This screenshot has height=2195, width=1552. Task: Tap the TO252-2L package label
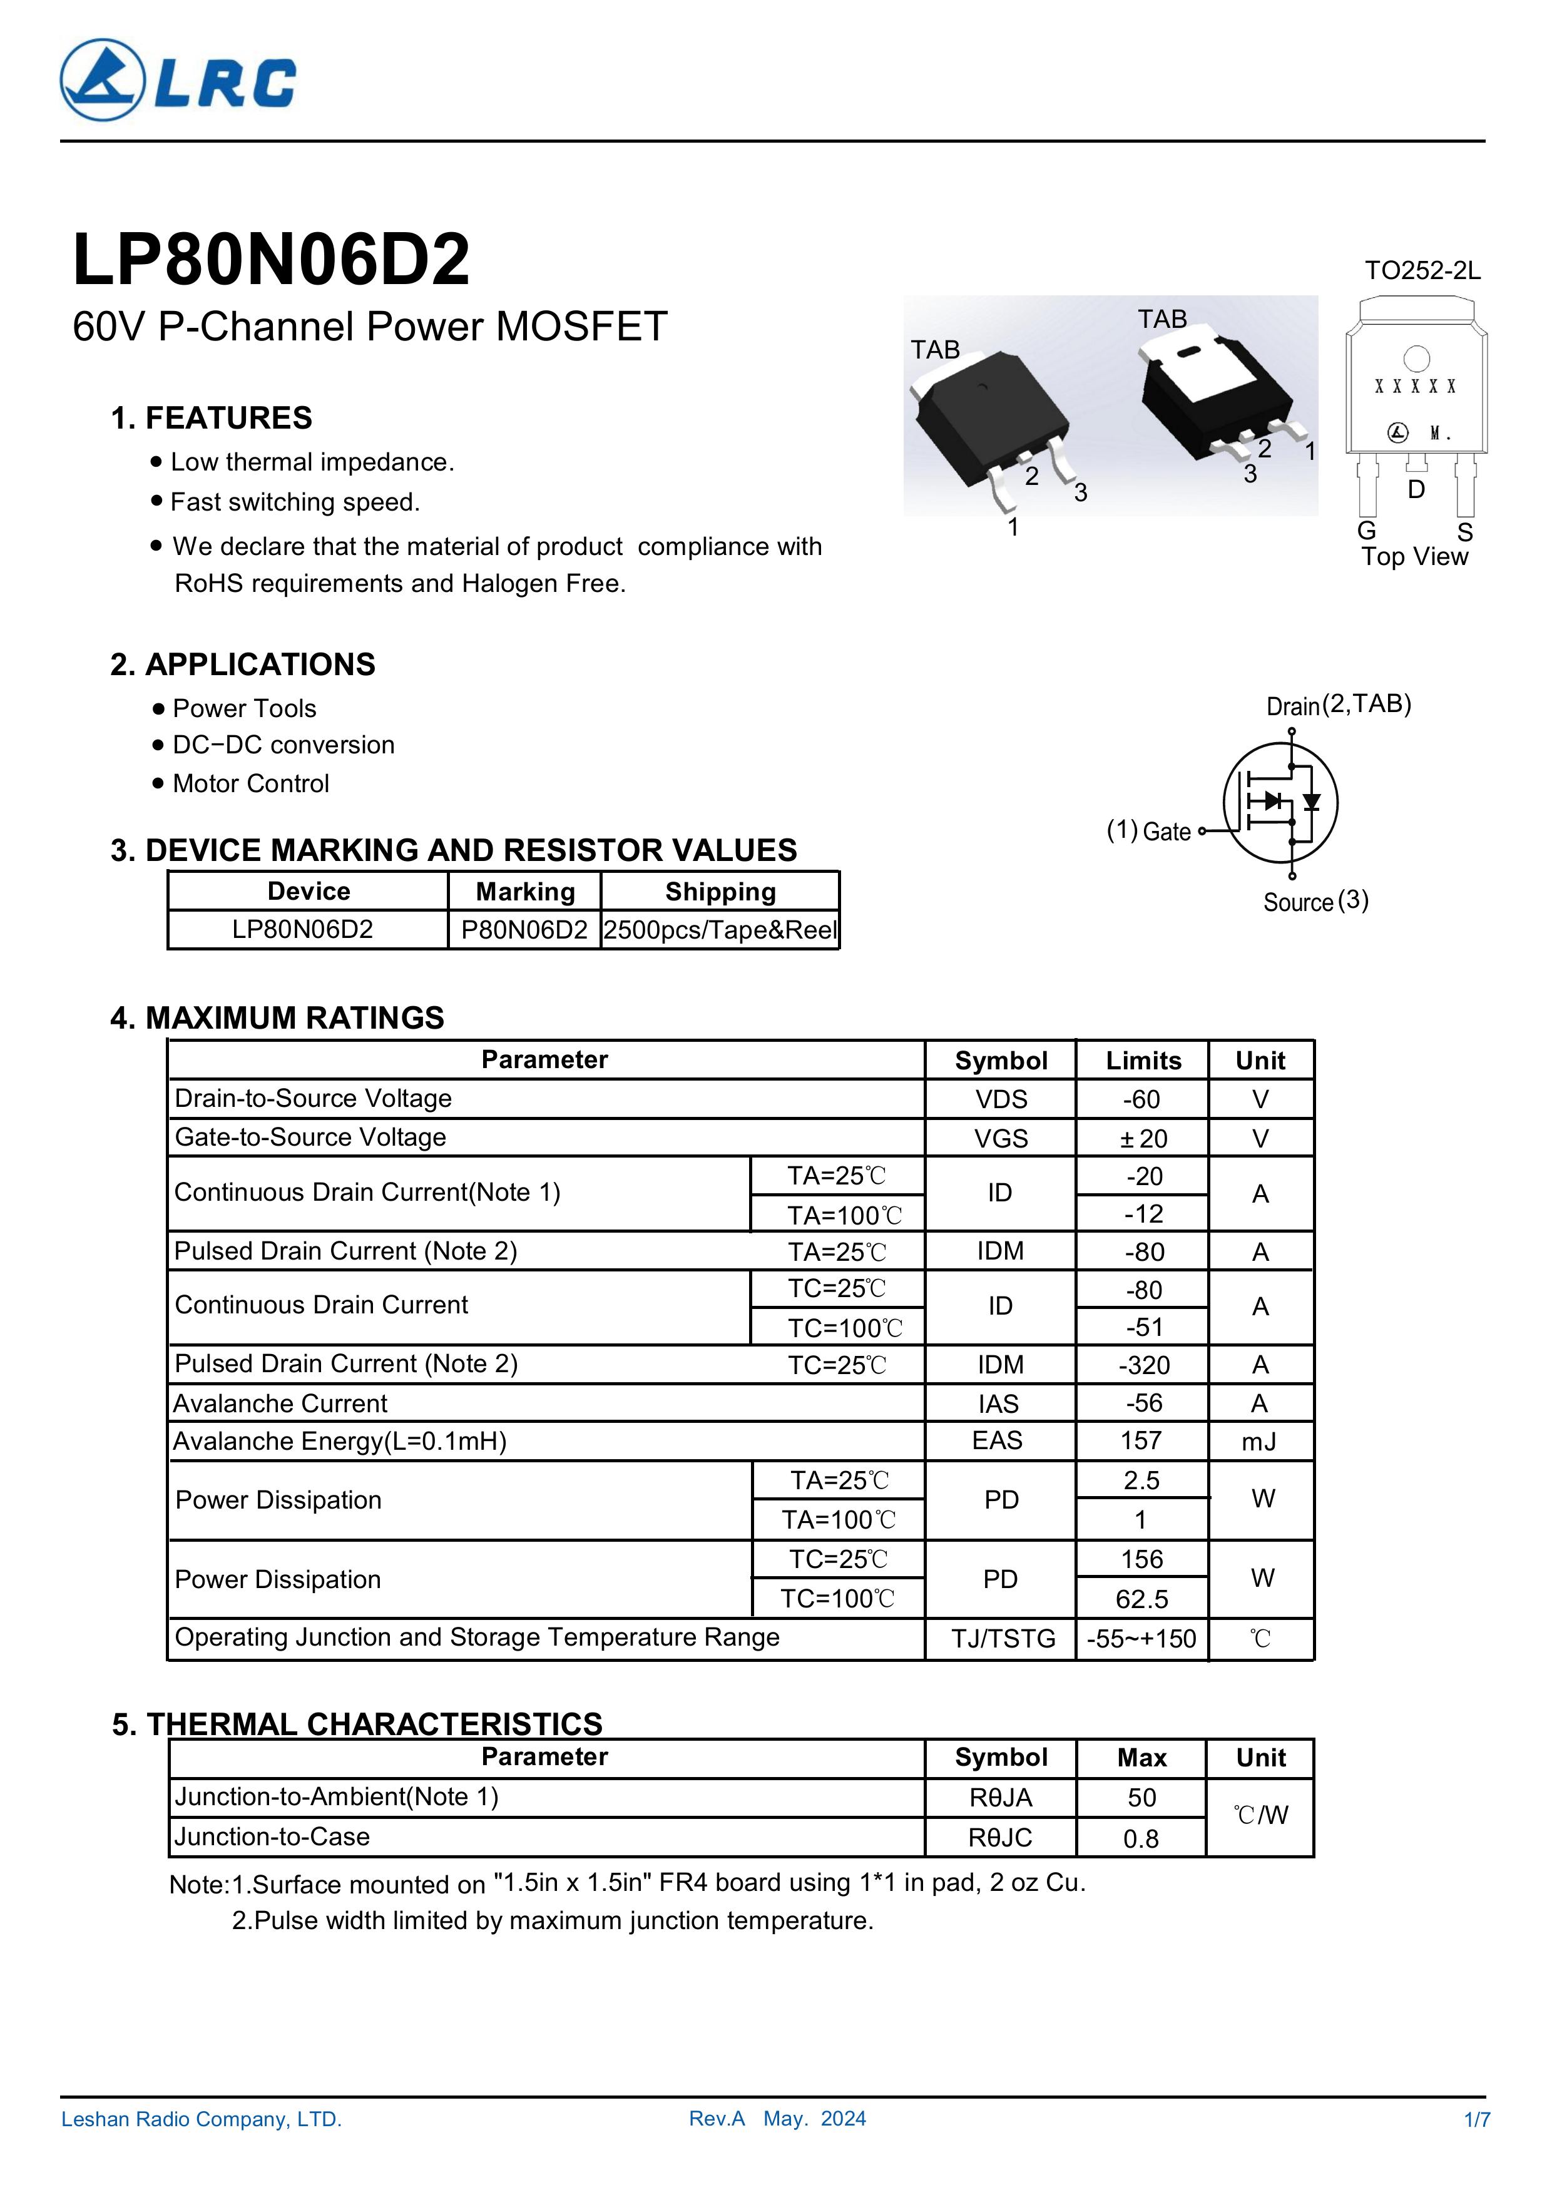(x=1422, y=270)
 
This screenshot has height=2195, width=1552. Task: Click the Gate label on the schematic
(x=1167, y=831)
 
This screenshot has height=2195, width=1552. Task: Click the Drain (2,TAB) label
(x=1339, y=706)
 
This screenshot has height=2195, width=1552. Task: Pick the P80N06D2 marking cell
(x=524, y=929)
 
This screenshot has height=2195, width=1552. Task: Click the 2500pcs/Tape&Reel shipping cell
(x=720, y=929)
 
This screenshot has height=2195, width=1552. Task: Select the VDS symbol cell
(x=1000, y=1099)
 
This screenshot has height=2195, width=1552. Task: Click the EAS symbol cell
(x=998, y=1441)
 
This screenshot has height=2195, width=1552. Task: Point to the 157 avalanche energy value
(x=1141, y=1441)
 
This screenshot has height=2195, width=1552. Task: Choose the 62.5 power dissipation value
(x=1141, y=1599)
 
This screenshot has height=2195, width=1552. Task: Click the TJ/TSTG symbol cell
(x=1002, y=1639)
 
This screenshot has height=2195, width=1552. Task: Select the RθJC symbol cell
(x=1000, y=1838)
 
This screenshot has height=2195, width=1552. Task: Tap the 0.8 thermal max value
(x=1141, y=1838)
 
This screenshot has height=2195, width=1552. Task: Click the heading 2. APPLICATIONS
(x=243, y=665)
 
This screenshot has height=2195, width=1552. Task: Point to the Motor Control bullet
(x=250, y=784)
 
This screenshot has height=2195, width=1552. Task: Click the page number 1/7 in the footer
(x=1476, y=2119)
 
